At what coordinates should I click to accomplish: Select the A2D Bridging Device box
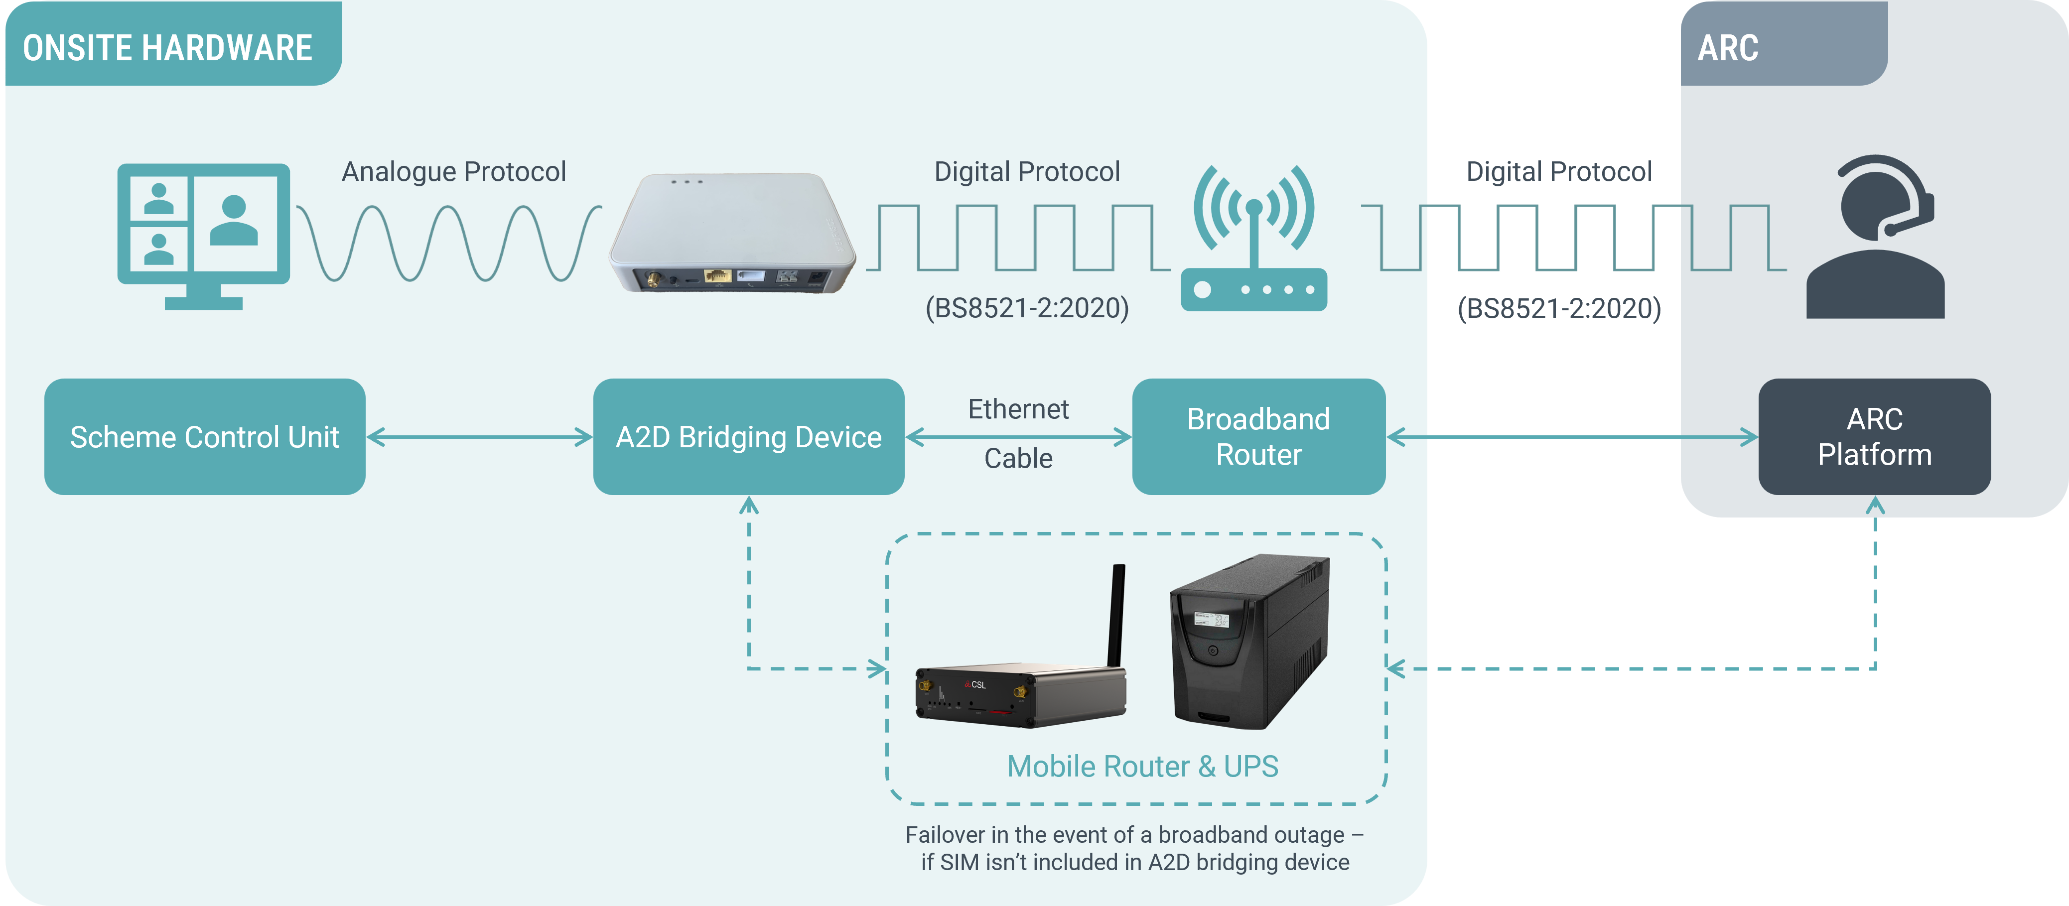tap(749, 437)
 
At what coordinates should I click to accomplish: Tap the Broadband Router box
tap(1258, 437)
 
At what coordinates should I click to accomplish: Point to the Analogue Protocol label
tap(454, 172)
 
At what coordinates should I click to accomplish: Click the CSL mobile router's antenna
tap(1116, 615)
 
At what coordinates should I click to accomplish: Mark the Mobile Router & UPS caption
tap(1142, 766)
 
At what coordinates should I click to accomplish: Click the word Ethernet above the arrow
tap(1018, 409)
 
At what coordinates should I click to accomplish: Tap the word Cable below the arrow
tap(1018, 459)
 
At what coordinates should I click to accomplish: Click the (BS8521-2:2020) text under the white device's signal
tap(1026, 308)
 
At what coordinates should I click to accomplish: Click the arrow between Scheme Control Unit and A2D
tap(479, 437)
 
